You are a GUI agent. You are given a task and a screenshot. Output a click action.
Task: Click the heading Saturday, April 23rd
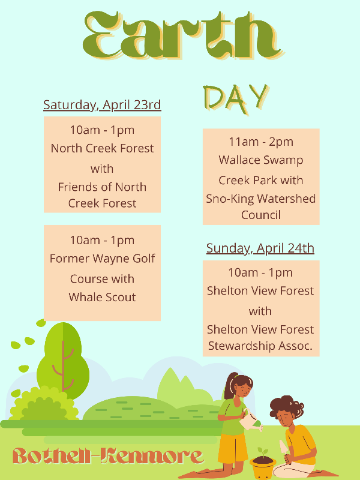coord(102,105)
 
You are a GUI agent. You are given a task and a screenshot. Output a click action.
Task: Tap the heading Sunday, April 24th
coord(260,248)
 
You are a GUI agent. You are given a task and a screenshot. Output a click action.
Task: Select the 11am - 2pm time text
coord(261,142)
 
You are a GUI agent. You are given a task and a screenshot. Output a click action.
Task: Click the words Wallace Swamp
coord(261,160)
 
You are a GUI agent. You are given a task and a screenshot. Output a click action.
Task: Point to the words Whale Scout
coord(102,297)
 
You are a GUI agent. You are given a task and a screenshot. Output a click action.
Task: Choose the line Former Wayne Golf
coord(102,259)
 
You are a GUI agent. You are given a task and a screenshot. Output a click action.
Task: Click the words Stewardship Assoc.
coord(260,346)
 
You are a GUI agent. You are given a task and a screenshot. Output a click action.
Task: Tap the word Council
coord(261,215)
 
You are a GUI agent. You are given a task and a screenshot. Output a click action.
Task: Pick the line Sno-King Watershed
coord(261,199)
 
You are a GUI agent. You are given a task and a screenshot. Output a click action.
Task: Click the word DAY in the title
coord(236,98)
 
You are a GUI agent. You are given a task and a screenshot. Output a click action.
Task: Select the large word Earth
coord(183,35)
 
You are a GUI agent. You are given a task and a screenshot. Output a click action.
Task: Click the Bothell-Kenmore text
coord(108,456)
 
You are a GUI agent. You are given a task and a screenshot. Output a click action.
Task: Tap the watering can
coord(251,420)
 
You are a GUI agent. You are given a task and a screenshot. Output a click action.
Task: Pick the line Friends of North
coord(102,187)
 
